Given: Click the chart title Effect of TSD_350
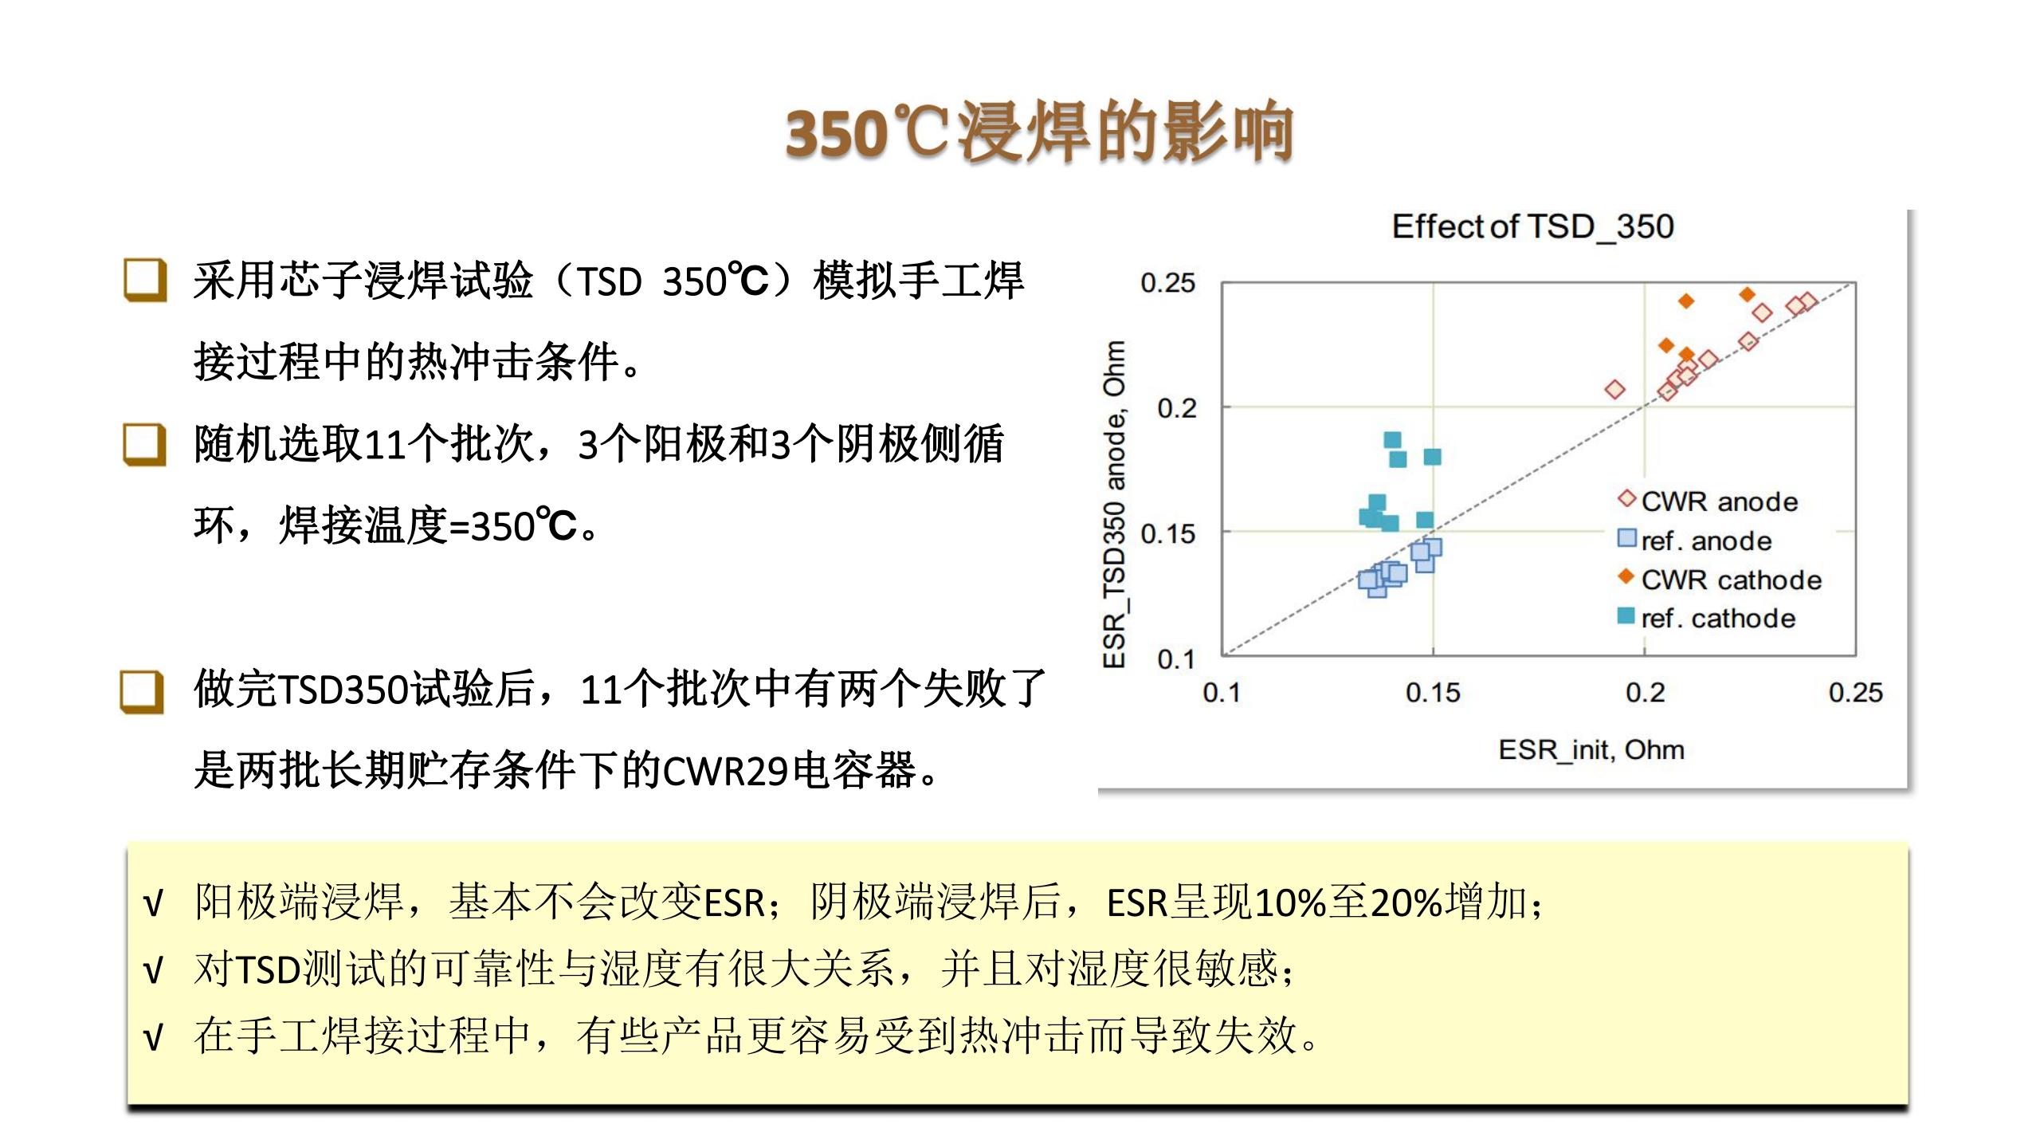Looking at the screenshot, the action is click(1532, 226).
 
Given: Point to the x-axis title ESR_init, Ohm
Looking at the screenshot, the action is click(1591, 750).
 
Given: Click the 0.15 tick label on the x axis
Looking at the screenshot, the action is click(1433, 692).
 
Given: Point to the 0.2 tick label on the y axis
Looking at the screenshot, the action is click(1177, 408).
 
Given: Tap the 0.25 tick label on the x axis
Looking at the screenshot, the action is click(1856, 692).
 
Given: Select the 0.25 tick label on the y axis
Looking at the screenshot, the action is click(1168, 283).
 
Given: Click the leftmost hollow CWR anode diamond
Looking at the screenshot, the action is click(1615, 390).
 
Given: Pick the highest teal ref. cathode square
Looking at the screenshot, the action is click(1392, 440).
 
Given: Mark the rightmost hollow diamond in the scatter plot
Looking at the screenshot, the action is click(1807, 301).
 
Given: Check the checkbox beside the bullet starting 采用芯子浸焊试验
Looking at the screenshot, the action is click(145, 281).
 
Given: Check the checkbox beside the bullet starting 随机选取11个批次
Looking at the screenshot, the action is click(145, 444).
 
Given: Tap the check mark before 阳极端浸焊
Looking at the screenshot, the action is click(153, 904).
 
